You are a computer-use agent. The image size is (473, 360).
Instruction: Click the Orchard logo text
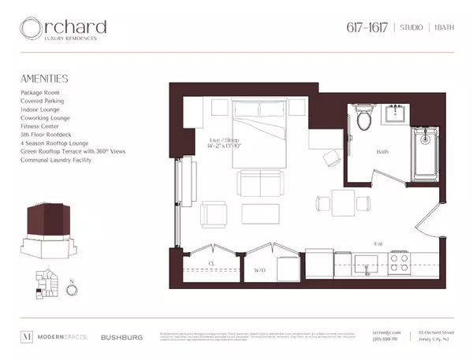pyautogui.click(x=63, y=29)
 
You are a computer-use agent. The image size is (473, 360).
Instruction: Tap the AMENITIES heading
pyautogui.click(x=45, y=79)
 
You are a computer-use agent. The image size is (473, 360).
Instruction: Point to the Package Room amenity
pyautogui.click(x=41, y=93)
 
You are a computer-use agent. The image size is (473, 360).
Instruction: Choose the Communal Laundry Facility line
pyautogui.click(x=57, y=160)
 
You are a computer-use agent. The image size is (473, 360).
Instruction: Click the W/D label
pyautogui.click(x=259, y=270)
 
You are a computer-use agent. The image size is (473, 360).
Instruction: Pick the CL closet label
pyautogui.click(x=211, y=263)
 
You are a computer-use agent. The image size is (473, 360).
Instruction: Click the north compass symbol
pyautogui.click(x=73, y=288)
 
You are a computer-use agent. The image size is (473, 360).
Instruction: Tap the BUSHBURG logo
pyautogui.click(x=122, y=336)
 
